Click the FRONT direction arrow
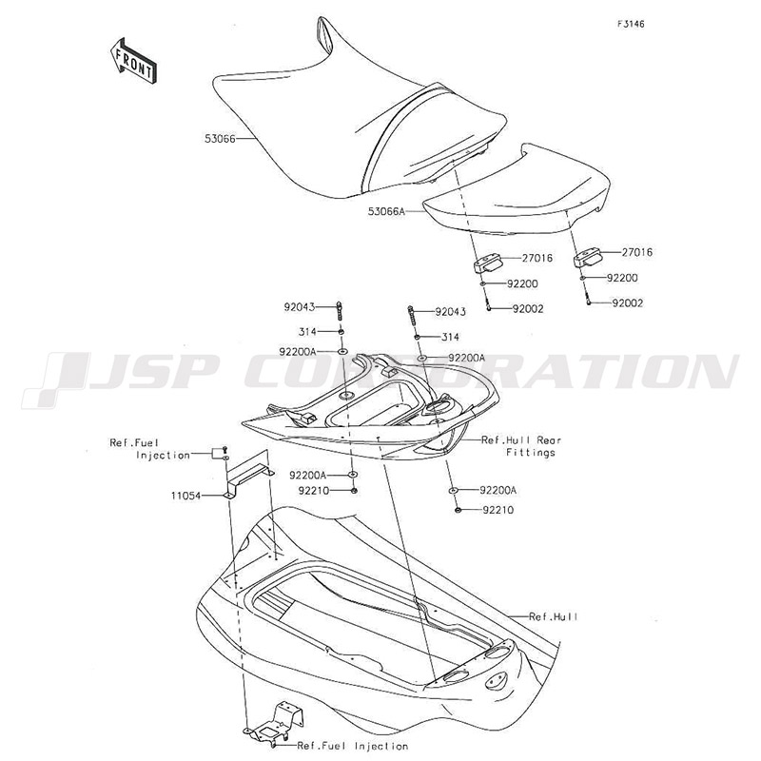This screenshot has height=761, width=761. (x=132, y=61)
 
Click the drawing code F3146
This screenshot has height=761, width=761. (x=631, y=24)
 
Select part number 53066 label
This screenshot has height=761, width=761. (x=220, y=139)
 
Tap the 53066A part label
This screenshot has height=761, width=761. (x=386, y=212)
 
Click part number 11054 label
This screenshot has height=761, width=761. (x=185, y=496)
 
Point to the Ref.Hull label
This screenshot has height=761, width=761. (x=554, y=616)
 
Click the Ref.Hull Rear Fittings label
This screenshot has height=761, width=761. (x=521, y=446)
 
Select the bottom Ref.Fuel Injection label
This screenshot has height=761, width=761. (x=353, y=746)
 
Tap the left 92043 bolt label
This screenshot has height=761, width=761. (x=300, y=307)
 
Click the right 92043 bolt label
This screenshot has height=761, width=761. (x=450, y=312)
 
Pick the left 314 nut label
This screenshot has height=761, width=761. (x=307, y=331)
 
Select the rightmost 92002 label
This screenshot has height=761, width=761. (x=628, y=303)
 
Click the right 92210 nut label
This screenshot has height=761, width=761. (x=498, y=510)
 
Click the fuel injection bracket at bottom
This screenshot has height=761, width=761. (x=273, y=725)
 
